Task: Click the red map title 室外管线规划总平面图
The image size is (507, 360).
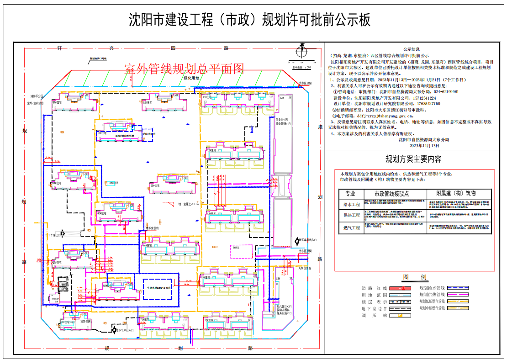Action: click(185, 69)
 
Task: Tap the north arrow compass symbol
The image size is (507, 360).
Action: click(301, 51)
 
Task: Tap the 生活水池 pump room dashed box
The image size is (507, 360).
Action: click(158, 288)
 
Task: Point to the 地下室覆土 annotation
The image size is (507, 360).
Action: click(188, 204)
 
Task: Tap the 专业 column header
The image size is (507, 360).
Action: click(350, 193)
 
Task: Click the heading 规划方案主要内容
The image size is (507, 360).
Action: click(413, 159)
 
